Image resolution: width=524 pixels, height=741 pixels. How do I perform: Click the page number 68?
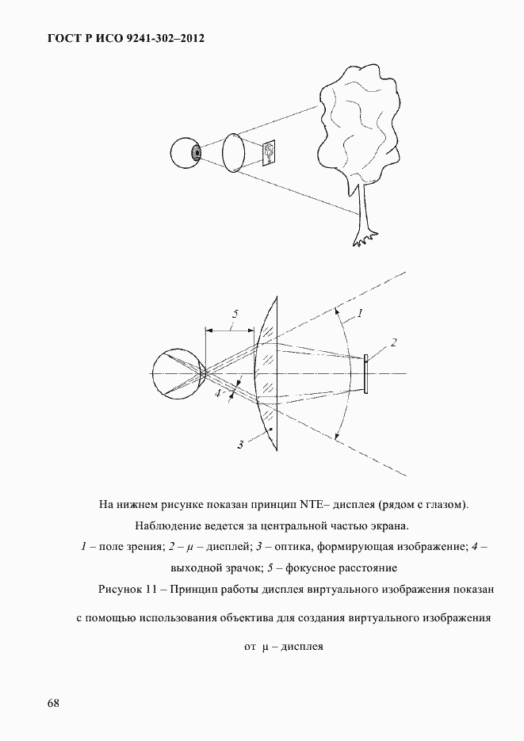[x=53, y=704]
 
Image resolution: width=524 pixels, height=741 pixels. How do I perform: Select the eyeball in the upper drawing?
[x=186, y=153]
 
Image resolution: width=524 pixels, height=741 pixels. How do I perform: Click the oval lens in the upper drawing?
[x=234, y=152]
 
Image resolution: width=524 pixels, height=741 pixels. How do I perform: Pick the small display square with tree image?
[x=270, y=151]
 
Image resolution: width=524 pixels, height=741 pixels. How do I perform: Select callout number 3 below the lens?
[x=239, y=445]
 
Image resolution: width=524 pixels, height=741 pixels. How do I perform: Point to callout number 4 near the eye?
[x=217, y=394]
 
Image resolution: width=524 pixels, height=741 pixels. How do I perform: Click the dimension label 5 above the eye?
[x=234, y=314]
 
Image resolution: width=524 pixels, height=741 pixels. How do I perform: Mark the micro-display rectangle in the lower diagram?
[x=366, y=374]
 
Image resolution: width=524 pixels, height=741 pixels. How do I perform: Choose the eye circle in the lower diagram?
[x=179, y=374]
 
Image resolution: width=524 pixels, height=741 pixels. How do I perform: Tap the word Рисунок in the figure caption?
[x=123, y=590]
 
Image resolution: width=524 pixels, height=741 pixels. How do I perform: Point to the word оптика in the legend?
[x=314, y=547]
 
